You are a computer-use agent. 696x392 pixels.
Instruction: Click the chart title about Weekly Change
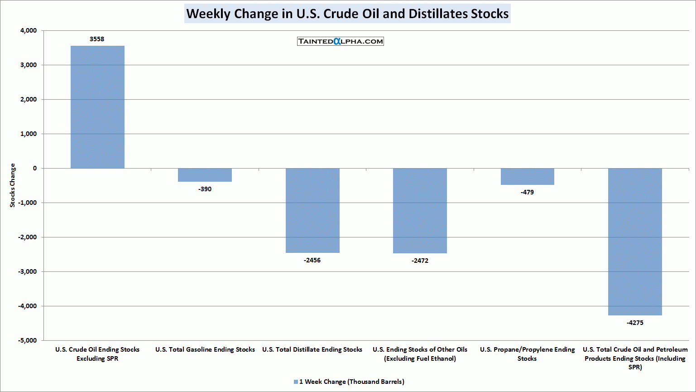point(347,14)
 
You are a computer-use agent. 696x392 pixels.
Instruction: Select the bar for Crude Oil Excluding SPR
point(97,107)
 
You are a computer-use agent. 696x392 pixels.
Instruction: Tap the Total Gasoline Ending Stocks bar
point(205,175)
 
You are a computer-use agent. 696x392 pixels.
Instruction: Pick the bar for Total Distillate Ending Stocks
point(312,210)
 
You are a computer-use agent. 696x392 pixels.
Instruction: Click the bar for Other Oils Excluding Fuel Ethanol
point(420,211)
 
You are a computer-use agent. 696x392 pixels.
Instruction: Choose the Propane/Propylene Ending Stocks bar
point(527,176)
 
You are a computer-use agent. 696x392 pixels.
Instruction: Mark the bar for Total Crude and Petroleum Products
point(635,242)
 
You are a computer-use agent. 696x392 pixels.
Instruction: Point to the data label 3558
point(97,39)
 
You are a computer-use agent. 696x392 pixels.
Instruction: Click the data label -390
point(205,189)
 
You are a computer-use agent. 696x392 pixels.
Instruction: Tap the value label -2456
point(312,260)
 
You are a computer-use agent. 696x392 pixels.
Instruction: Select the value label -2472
point(420,261)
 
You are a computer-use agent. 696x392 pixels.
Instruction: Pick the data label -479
point(527,192)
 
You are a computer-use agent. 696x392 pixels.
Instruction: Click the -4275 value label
point(635,323)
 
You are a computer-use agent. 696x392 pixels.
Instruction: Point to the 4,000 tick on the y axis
point(29,30)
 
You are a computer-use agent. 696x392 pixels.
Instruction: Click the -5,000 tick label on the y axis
point(28,340)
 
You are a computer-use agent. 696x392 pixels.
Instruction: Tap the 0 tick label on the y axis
point(35,168)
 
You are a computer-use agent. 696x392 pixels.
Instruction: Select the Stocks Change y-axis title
point(13,185)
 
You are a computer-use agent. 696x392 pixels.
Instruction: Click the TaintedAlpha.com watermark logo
point(341,41)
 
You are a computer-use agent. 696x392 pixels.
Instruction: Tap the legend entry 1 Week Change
point(349,382)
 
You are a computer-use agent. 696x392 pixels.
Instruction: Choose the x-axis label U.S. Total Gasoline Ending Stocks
point(205,349)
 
